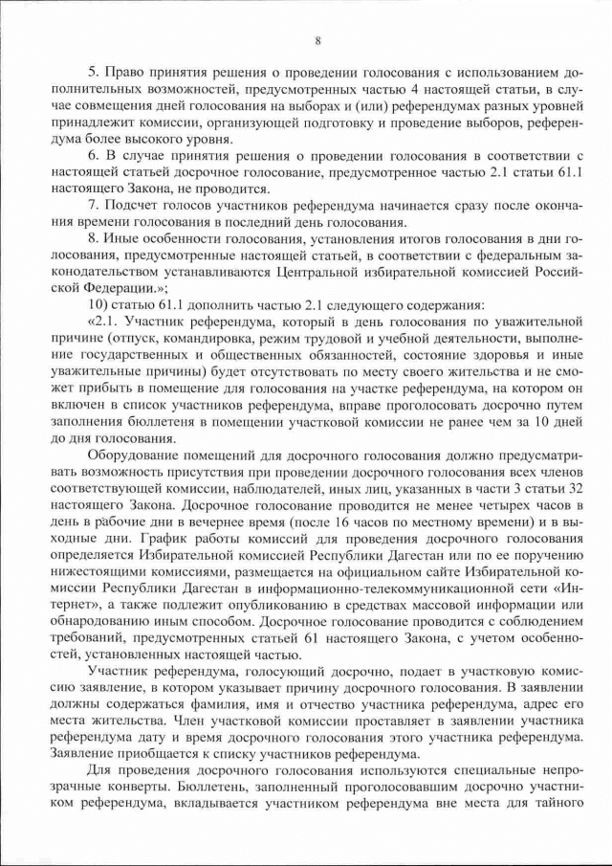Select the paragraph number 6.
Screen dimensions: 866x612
(x=92, y=155)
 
